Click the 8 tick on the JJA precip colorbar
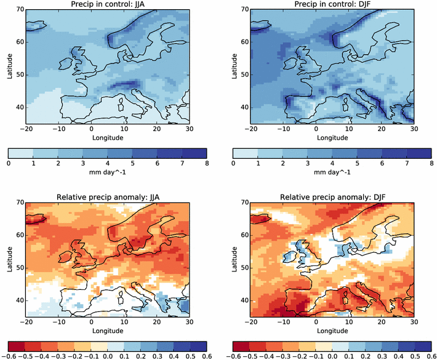(x=206, y=164)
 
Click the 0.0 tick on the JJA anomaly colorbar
(x=107, y=356)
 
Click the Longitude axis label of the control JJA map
(x=107, y=138)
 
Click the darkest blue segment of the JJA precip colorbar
(x=194, y=153)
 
